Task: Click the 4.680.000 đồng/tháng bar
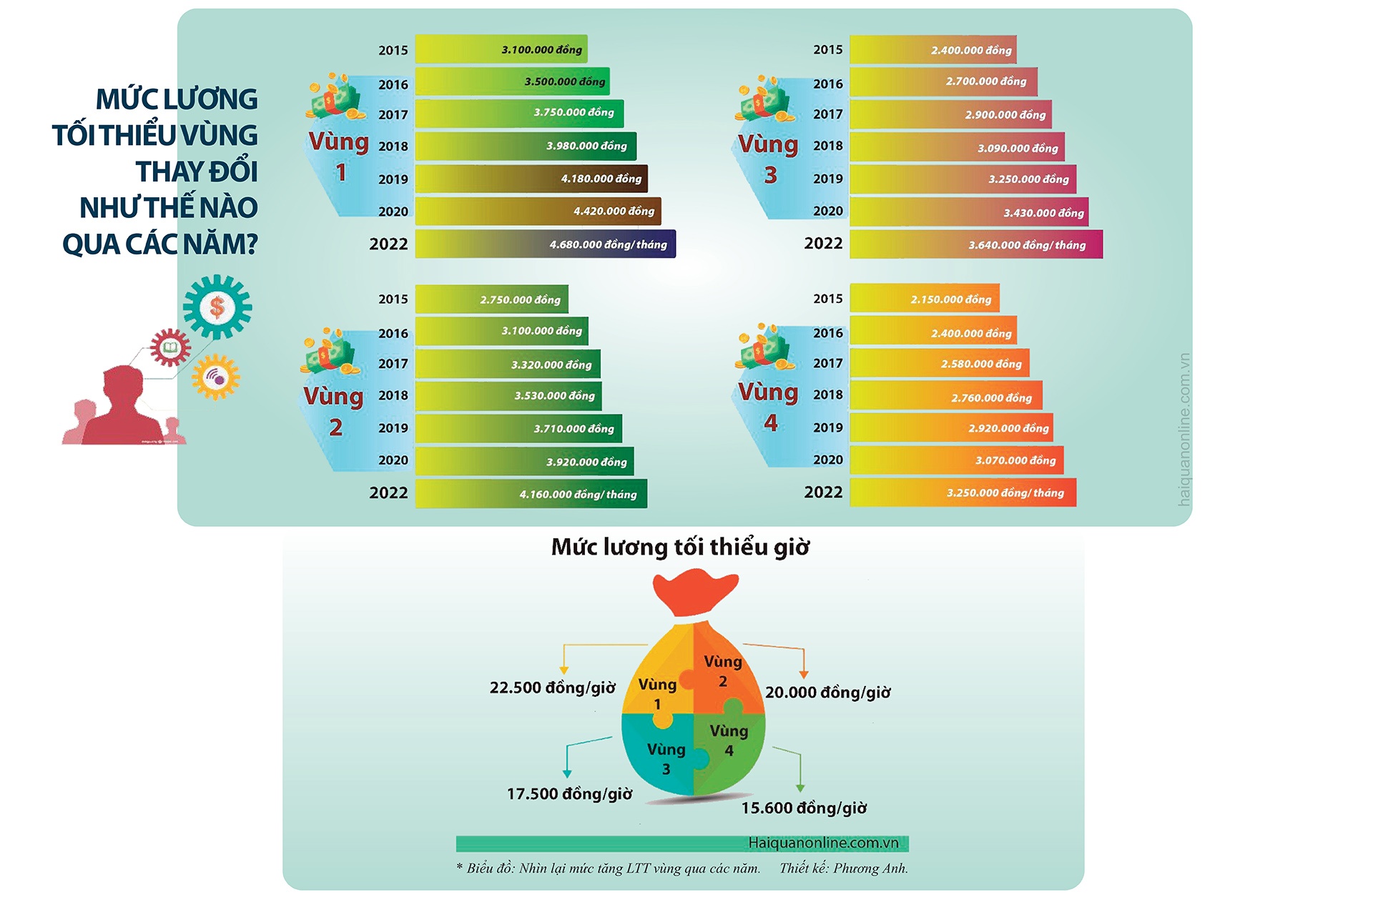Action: click(545, 244)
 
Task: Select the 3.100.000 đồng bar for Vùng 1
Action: click(501, 49)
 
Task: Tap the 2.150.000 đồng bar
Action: click(924, 299)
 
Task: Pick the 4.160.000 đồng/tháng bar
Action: click(531, 494)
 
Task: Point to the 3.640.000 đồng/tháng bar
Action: click(975, 244)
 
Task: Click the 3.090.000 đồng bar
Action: click(957, 148)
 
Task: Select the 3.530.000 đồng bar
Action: click(508, 395)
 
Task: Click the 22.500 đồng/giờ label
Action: click(552, 688)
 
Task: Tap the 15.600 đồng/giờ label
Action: click(804, 808)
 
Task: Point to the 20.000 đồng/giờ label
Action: click(828, 693)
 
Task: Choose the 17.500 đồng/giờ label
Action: click(569, 794)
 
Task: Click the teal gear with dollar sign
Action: click(217, 307)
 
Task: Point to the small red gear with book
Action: click(169, 348)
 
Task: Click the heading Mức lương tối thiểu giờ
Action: click(680, 547)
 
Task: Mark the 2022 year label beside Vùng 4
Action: click(823, 492)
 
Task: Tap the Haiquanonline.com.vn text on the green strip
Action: click(823, 843)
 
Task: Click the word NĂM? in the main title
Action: click(220, 244)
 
